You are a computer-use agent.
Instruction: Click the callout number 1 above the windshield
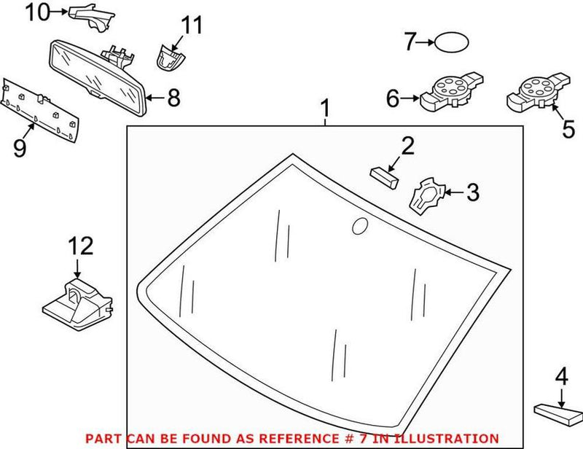tap(326, 110)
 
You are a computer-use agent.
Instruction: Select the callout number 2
tap(407, 146)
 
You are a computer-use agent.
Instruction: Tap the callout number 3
tap(472, 193)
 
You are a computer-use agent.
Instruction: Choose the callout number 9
tap(19, 148)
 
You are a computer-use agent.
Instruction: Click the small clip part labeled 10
tap(92, 16)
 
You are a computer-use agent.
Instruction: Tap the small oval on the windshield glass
tap(360, 227)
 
